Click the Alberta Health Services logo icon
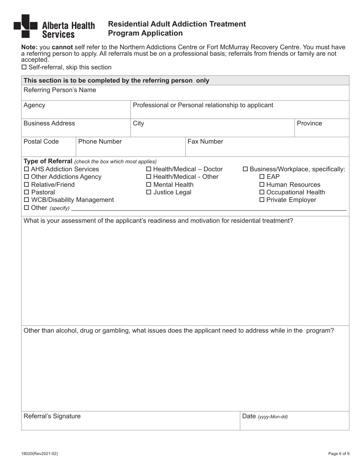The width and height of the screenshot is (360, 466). [x=25, y=26]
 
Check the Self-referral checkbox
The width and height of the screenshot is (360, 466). [x=24, y=67]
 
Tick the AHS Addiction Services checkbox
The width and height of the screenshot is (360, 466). [x=27, y=169]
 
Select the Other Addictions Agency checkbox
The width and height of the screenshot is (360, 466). [x=27, y=177]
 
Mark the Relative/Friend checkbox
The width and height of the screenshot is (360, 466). [x=27, y=185]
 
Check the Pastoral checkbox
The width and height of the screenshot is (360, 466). [x=27, y=192]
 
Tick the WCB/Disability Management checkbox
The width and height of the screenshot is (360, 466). [x=27, y=200]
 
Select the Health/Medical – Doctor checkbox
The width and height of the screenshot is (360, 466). [x=149, y=169]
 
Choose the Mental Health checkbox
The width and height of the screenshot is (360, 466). [x=149, y=185]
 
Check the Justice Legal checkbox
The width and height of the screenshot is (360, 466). [x=149, y=192]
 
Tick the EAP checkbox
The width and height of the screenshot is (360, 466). [x=262, y=177]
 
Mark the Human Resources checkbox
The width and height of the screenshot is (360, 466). [x=262, y=185]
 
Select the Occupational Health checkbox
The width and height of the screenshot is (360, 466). [x=262, y=192]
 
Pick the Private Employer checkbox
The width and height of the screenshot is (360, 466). [x=262, y=200]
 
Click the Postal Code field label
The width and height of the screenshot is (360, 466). [x=41, y=142]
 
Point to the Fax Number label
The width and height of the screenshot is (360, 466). [x=205, y=142]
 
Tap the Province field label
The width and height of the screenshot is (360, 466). [x=309, y=124]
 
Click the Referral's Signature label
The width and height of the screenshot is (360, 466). [x=52, y=416]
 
